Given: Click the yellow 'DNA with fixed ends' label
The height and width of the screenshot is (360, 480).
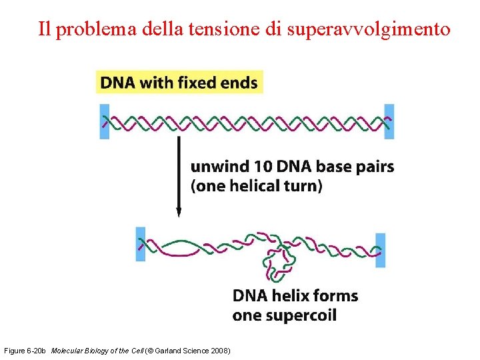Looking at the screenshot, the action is (x=179, y=83).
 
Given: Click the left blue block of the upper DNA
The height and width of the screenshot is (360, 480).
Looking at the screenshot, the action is (x=104, y=121).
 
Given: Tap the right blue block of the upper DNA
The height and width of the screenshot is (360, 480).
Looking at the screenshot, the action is (x=389, y=121).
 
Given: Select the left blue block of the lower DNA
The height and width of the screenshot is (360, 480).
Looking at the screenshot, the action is (x=141, y=244).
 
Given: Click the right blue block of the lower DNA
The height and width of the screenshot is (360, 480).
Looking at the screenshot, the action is (x=381, y=250).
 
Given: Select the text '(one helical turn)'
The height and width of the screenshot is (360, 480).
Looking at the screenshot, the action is (x=256, y=185).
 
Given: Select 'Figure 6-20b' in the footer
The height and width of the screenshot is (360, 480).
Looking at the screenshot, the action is (x=25, y=351).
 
